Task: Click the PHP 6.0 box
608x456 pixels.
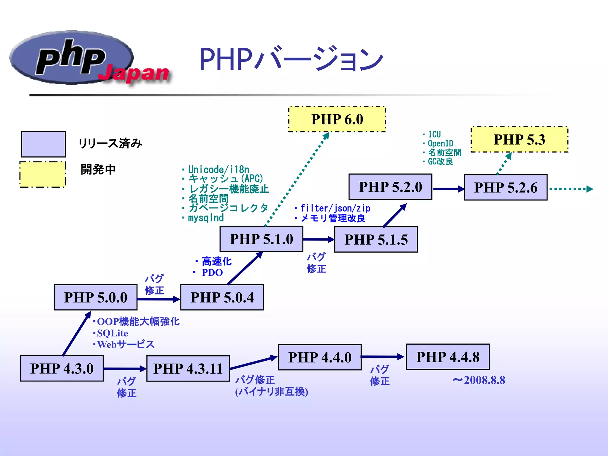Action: click(x=337, y=119)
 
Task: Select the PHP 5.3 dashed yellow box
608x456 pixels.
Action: click(x=519, y=140)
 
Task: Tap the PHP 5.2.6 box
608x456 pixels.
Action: click(x=505, y=188)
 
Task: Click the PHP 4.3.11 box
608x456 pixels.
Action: click(x=188, y=368)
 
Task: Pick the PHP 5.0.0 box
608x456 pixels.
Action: click(x=96, y=297)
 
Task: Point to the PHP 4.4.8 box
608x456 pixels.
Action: click(x=448, y=357)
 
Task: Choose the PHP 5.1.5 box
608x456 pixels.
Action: click(x=376, y=240)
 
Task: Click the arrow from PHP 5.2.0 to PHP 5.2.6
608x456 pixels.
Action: click(x=448, y=189)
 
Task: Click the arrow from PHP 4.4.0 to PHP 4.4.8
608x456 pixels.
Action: click(x=383, y=357)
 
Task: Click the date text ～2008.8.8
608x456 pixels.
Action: click(x=479, y=380)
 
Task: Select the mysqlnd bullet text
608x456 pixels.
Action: click(x=205, y=218)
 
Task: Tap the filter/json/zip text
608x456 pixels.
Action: click(x=335, y=208)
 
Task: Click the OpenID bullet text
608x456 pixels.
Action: click(x=440, y=144)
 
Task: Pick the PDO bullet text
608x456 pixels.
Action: click(x=212, y=273)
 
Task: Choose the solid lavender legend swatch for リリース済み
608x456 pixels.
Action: click(x=43, y=144)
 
